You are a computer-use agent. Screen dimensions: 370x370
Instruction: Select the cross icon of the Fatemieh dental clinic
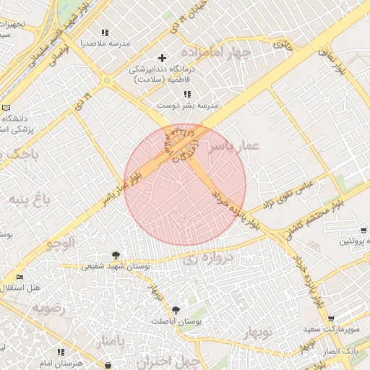click(x=162, y=57)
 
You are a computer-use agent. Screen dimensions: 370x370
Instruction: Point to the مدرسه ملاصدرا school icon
click(x=106, y=33)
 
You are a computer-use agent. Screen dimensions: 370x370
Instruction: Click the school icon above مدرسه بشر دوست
click(x=187, y=94)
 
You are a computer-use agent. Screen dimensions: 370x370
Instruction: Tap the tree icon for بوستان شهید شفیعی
click(x=116, y=254)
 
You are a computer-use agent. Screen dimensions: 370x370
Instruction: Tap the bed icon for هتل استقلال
click(x=20, y=277)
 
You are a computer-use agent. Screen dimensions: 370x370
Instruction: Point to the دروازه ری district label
click(x=209, y=256)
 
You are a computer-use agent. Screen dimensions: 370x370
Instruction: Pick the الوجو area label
click(x=61, y=243)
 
